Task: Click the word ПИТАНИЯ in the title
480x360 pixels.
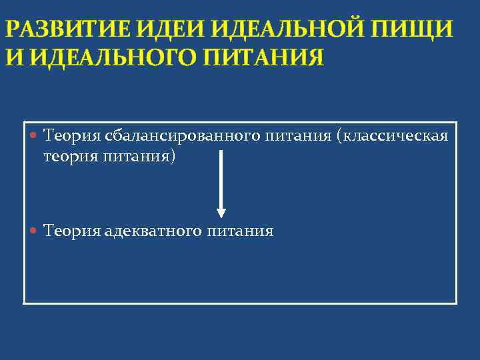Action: [x=263, y=57]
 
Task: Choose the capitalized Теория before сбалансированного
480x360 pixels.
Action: [x=71, y=137]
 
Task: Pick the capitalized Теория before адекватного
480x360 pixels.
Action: [x=71, y=231]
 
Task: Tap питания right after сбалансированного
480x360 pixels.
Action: [x=298, y=137]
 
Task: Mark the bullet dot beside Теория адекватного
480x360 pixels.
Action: [x=35, y=231]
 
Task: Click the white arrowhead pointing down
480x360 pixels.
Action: [x=221, y=213]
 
